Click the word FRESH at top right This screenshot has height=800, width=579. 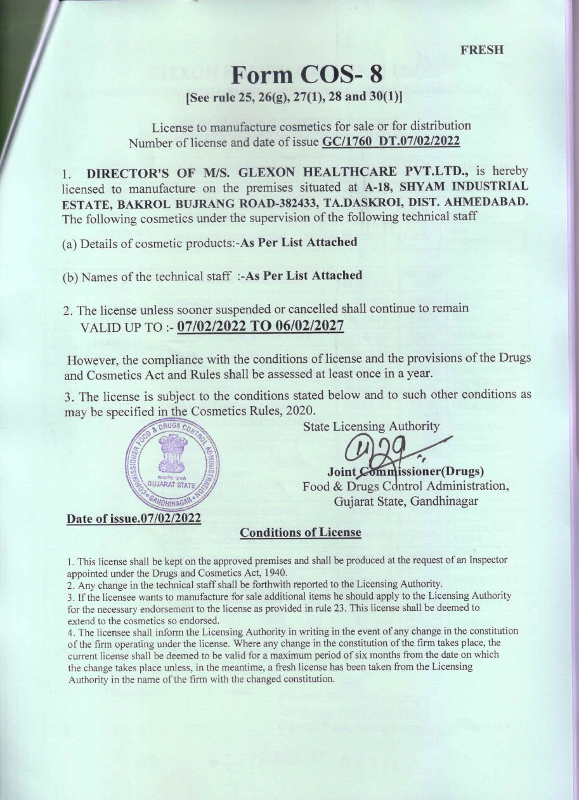pos(483,50)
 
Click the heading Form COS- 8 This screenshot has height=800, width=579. pos(307,75)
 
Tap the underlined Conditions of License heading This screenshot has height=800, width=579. pos(300,532)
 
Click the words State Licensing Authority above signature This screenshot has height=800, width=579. pos(372,426)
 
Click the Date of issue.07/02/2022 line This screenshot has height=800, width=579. pos(134,518)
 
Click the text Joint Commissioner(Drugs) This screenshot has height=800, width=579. pos(406,472)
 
